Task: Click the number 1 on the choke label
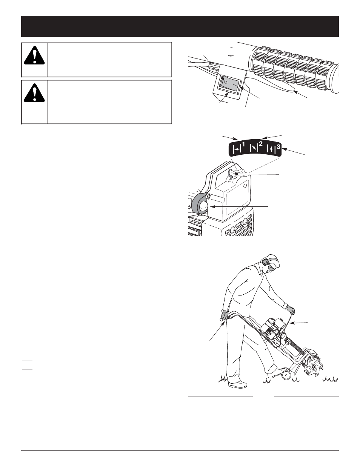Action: (243, 145)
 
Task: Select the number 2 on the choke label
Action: (260, 144)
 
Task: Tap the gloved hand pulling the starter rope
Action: (290, 310)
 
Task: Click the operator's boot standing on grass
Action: (238, 384)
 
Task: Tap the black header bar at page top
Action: (180, 26)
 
